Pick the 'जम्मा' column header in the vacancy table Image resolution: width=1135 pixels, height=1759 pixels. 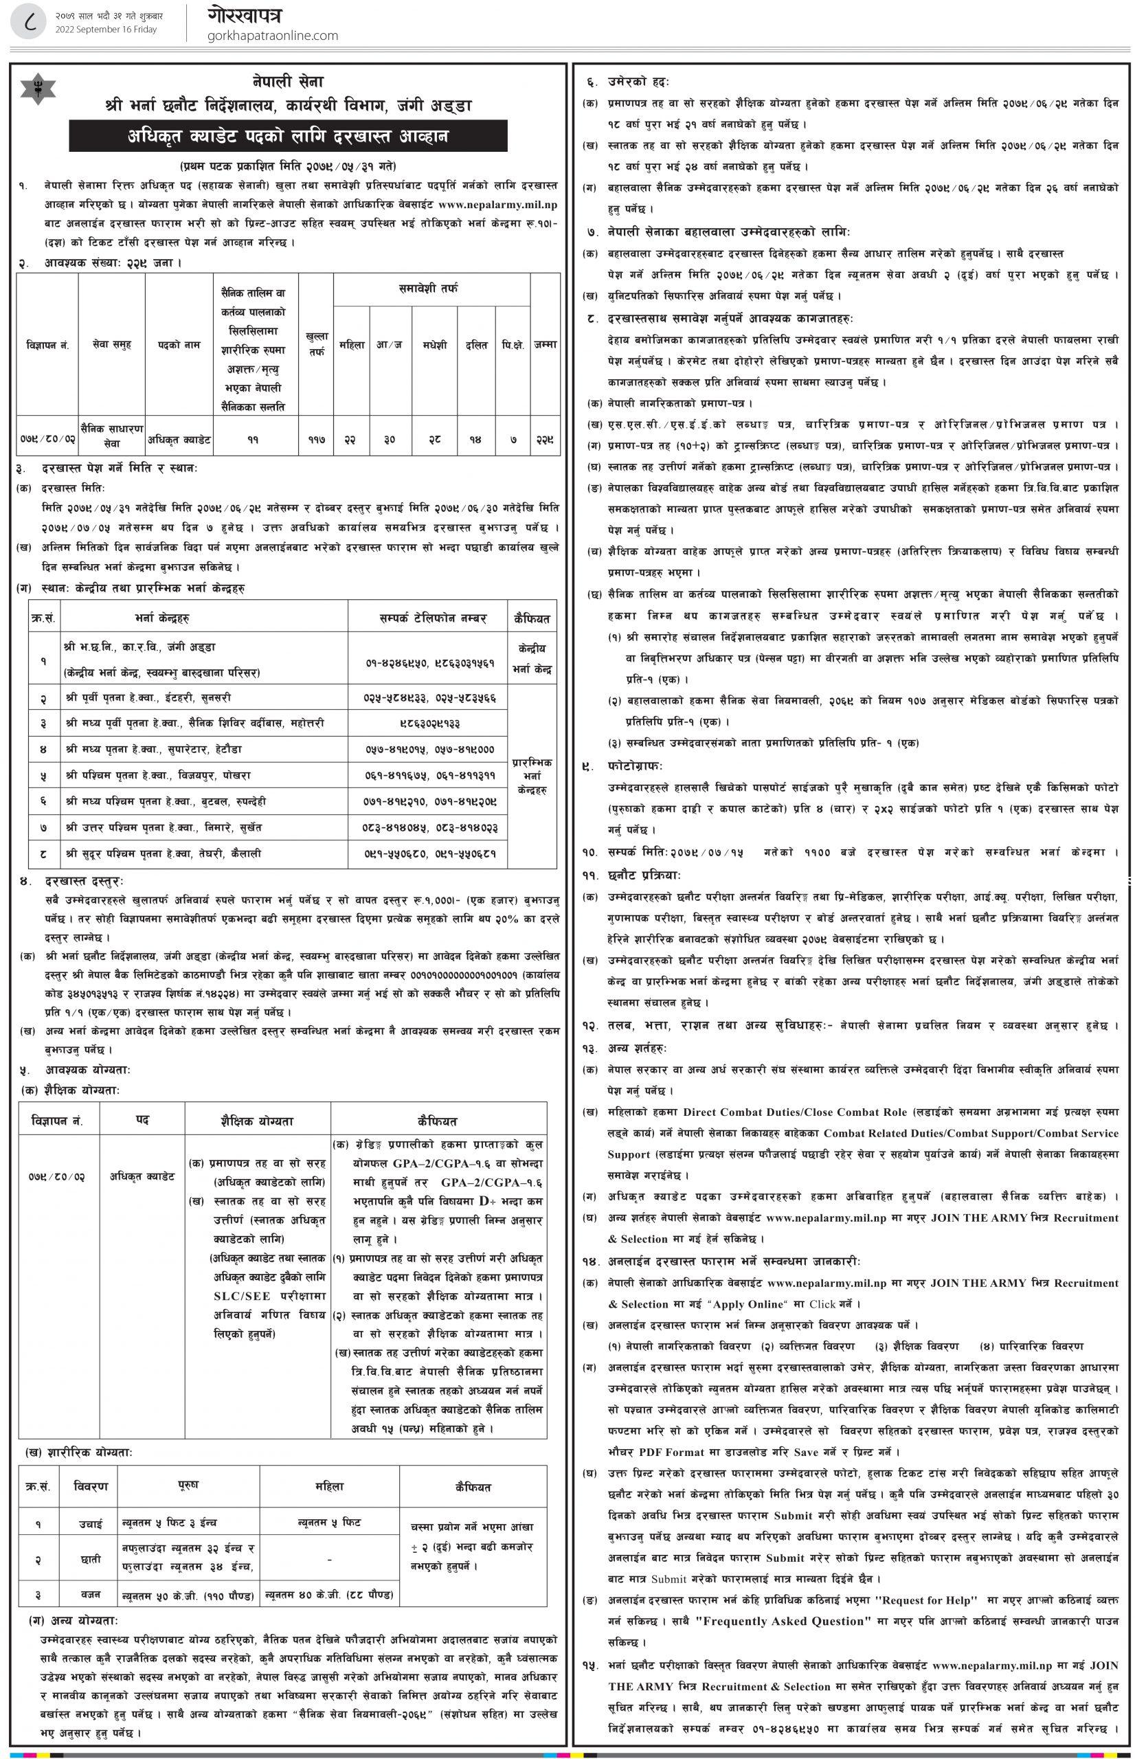546,344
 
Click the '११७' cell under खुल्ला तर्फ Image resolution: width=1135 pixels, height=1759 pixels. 316,439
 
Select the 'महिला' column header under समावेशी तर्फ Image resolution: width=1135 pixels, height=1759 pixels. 352,344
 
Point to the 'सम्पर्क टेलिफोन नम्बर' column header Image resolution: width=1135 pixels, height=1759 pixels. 427,618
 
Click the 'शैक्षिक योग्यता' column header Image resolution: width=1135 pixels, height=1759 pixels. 251,1121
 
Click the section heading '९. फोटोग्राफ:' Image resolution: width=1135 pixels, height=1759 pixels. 622,766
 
